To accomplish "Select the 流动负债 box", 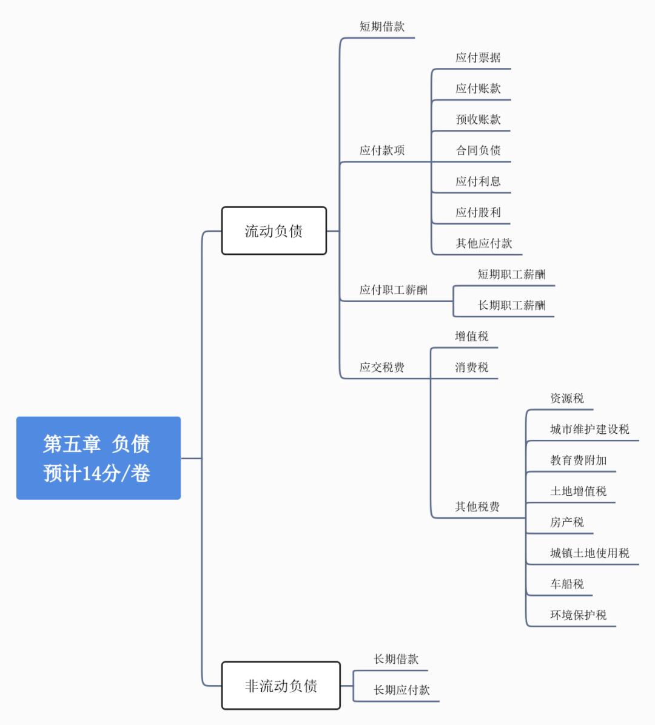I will [x=274, y=231].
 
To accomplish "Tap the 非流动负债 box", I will [x=281, y=686].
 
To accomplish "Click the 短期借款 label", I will [x=381, y=27].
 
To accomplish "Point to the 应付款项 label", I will [x=381, y=150].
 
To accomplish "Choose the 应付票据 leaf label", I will [x=478, y=58].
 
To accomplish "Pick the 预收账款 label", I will [x=478, y=120].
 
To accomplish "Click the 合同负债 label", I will [x=478, y=150].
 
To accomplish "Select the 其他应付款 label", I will [x=484, y=243].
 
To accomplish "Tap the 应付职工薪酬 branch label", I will [x=393, y=290].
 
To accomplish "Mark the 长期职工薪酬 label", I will [x=511, y=305].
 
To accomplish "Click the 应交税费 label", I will [x=381, y=367].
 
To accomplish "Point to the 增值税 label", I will [x=472, y=336].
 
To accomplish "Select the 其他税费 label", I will [x=477, y=507].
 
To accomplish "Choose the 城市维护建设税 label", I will [x=589, y=429].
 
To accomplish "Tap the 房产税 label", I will [x=566, y=522].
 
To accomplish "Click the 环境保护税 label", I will [x=578, y=615].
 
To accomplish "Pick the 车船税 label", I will [x=566, y=584].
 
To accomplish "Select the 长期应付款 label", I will [x=401, y=690].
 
